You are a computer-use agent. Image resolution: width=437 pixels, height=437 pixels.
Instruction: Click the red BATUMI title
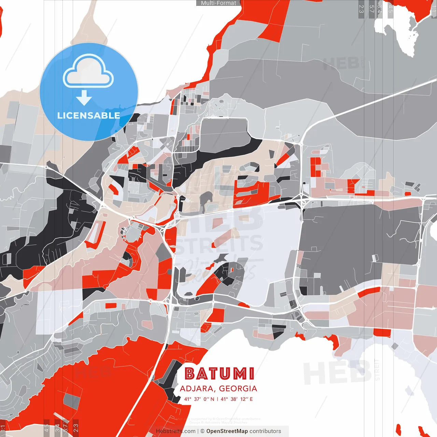[220, 374]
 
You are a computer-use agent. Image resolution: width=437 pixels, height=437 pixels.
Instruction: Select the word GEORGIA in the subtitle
[238, 389]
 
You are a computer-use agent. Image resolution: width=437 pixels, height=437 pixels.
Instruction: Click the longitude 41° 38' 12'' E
[237, 399]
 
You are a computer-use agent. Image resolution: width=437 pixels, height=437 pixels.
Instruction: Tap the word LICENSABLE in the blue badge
[89, 115]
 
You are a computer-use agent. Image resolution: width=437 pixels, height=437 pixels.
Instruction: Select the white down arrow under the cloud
[84, 98]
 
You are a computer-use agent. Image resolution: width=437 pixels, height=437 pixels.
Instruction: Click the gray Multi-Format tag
[218, 3]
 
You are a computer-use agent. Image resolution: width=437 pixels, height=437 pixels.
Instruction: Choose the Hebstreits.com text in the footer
[176, 431]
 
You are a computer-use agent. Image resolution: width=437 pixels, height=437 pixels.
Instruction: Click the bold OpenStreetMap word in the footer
[227, 431]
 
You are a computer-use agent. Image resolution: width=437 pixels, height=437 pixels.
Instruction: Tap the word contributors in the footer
[265, 431]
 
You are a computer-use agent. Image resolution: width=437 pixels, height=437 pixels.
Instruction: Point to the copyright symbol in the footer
[202, 431]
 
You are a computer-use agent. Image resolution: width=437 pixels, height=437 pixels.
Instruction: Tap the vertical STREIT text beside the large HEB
[377, 370]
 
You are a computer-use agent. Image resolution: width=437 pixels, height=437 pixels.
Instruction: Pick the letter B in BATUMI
[189, 374]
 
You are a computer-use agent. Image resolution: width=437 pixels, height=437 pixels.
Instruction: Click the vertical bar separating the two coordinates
[217, 399]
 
